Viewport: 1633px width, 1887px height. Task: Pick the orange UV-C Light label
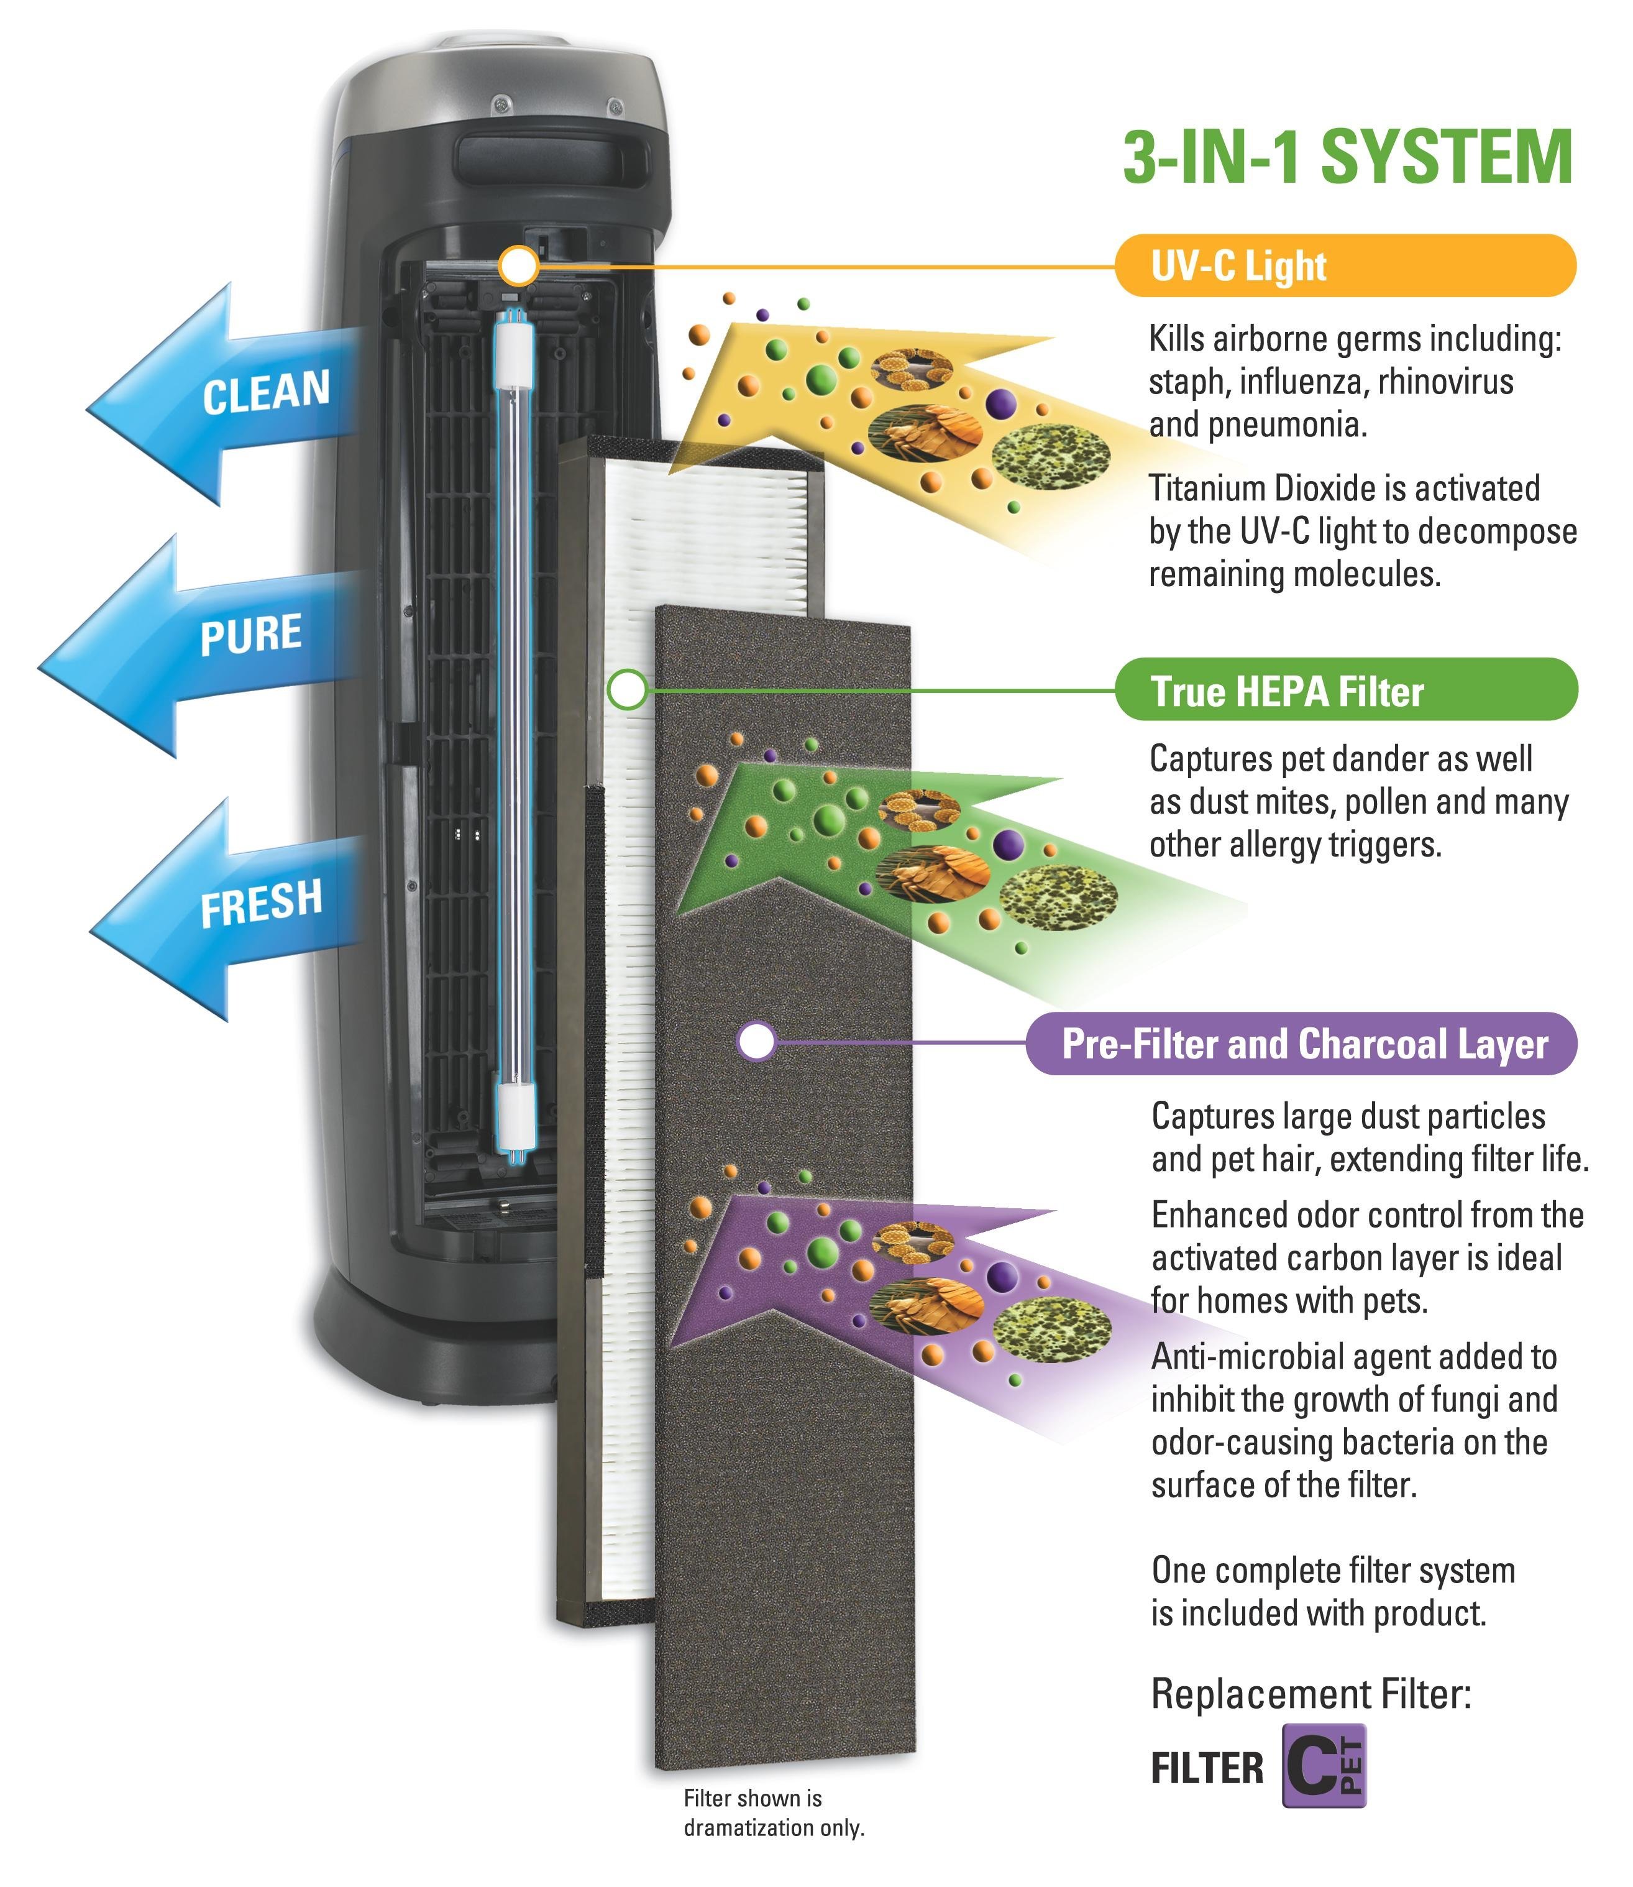[1345, 266]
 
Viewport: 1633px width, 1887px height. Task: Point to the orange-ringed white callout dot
[518, 266]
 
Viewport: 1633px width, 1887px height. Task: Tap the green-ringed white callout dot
[627, 690]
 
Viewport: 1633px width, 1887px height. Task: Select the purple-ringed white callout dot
[756, 1042]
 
